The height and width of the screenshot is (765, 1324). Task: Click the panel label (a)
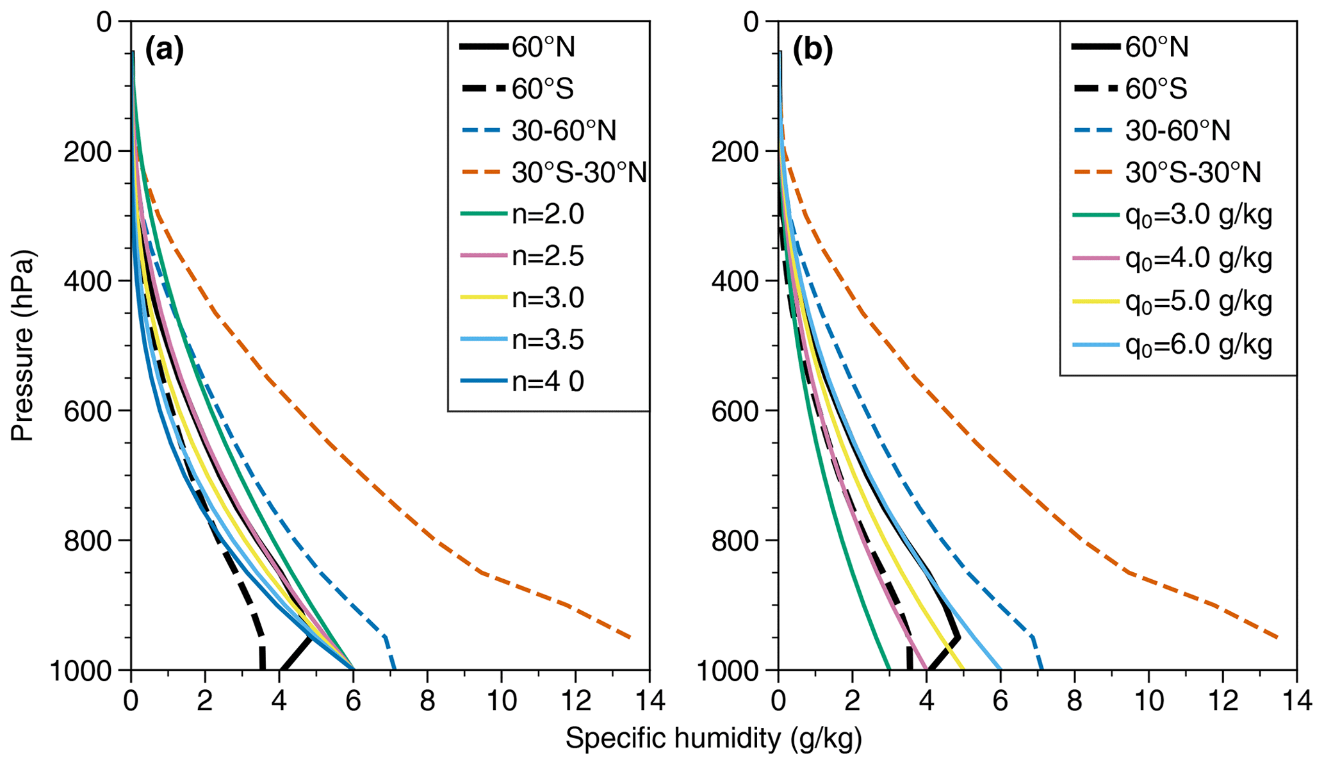pos(165,51)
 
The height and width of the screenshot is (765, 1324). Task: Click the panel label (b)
pos(812,51)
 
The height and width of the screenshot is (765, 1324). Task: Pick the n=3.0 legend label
pos(548,299)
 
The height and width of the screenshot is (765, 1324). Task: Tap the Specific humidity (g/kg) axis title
pos(714,739)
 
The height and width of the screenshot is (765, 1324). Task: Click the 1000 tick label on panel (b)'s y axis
pos(730,670)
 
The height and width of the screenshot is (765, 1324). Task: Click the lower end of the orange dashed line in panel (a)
pos(630,637)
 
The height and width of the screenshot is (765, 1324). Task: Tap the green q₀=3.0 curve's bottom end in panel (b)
pos(889,669)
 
